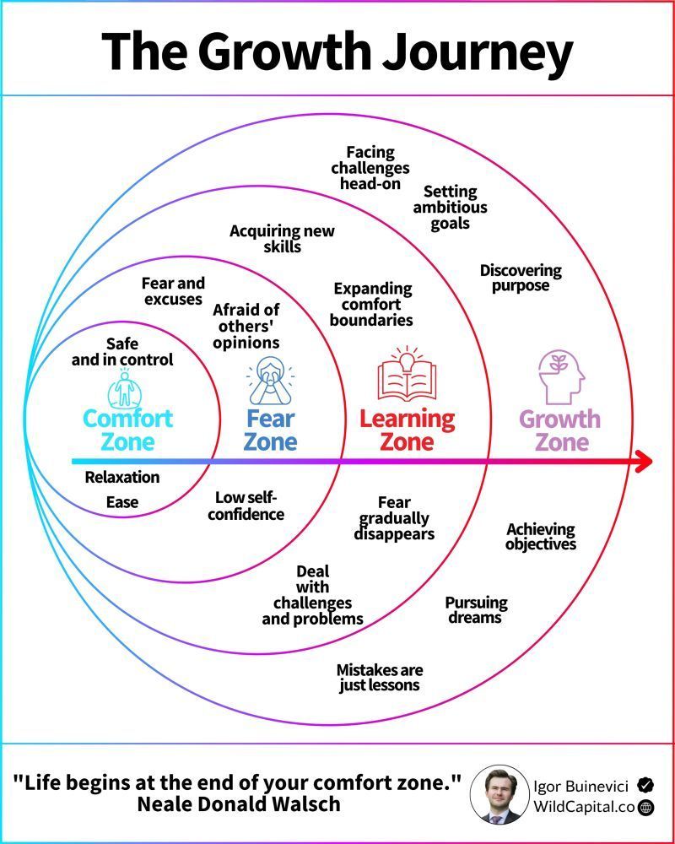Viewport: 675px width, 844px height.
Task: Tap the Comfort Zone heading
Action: coord(127,430)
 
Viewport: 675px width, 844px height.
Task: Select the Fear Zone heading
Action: coord(271,430)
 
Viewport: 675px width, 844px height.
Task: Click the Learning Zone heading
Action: coord(407,430)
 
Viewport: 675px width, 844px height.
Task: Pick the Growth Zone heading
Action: coord(559,430)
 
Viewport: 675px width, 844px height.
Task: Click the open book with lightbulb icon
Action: coord(407,376)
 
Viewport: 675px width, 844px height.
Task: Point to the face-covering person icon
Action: coord(271,381)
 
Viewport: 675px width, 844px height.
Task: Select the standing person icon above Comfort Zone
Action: coord(127,389)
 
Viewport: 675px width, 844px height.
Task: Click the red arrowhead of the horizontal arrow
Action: coord(643,462)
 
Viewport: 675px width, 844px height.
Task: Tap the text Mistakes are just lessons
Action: coord(380,677)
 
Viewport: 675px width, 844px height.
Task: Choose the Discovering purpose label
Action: coord(521,278)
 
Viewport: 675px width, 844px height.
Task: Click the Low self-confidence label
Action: coord(246,506)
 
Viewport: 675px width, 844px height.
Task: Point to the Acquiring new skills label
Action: coord(282,239)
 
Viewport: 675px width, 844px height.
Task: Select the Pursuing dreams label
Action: coord(476,610)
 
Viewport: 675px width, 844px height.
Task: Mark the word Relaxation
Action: coord(122,477)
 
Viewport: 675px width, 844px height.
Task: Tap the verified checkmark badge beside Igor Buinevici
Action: coord(645,784)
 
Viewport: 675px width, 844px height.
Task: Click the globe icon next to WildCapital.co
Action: coord(646,807)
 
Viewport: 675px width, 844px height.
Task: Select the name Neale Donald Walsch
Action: coord(238,803)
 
